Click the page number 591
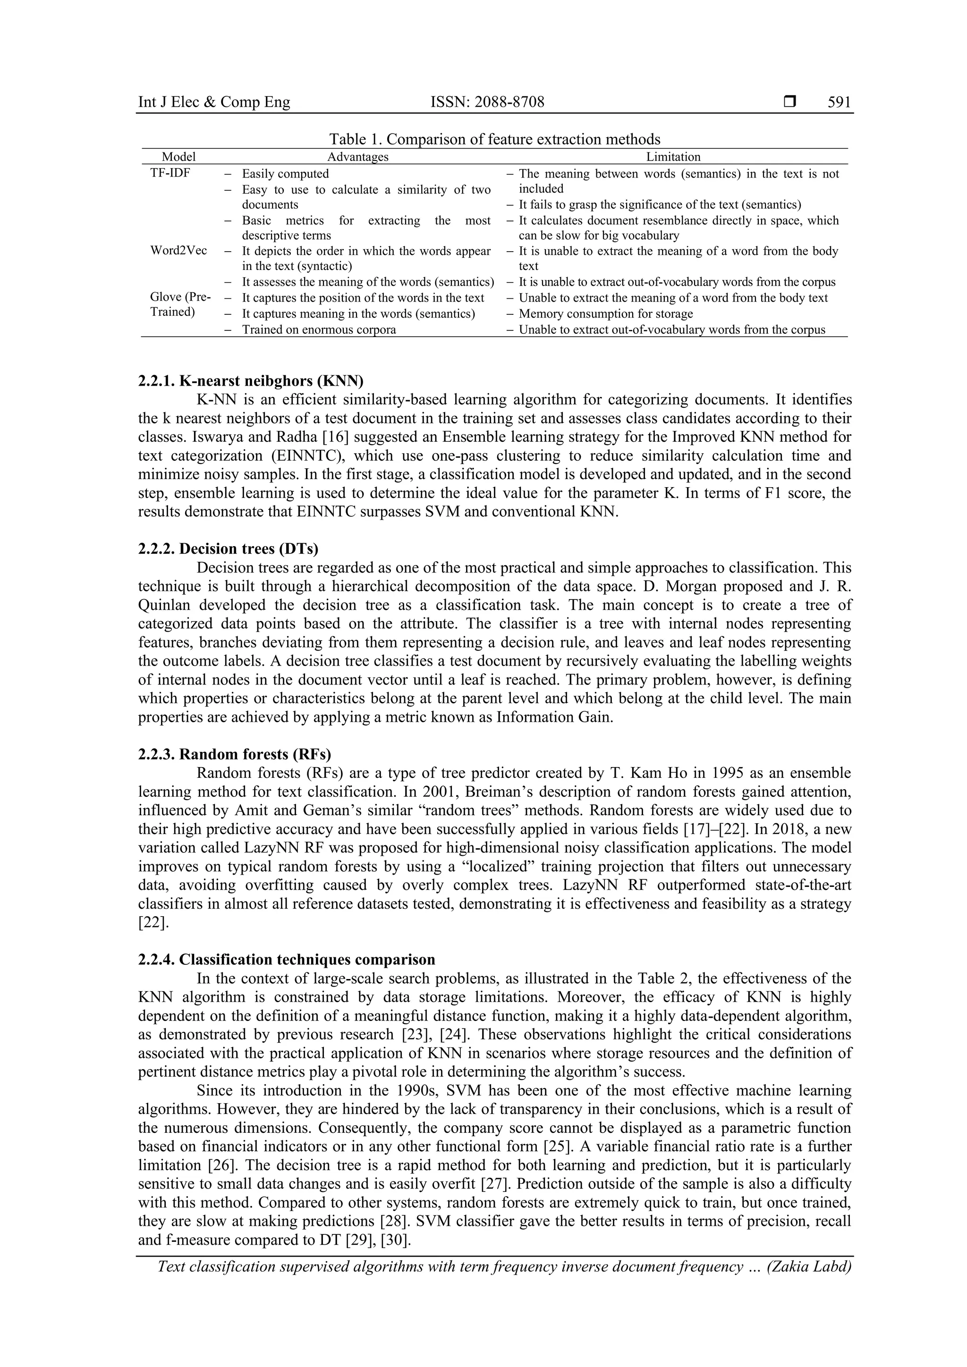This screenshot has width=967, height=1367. pyautogui.click(x=839, y=102)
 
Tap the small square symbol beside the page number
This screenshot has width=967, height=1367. pyautogui.click(x=790, y=102)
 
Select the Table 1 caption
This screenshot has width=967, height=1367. pyautogui.click(x=495, y=139)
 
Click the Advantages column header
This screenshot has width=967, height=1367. pyautogui.click(x=358, y=157)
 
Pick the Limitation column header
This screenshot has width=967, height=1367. pyautogui.click(x=673, y=157)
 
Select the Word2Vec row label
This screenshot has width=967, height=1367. pyautogui.click(x=178, y=250)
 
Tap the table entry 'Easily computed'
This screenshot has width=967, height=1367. pyautogui.click(x=285, y=174)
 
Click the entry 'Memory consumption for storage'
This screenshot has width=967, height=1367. pyautogui.click(x=606, y=314)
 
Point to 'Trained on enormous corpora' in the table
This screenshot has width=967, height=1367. pyautogui.click(x=319, y=329)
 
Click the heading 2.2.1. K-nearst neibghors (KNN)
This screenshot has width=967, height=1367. pyautogui.click(x=251, y=381)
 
